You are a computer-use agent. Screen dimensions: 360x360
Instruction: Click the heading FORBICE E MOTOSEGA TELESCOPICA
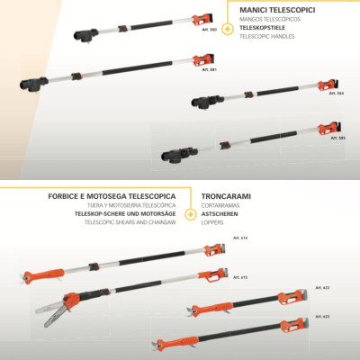point(112,195)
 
